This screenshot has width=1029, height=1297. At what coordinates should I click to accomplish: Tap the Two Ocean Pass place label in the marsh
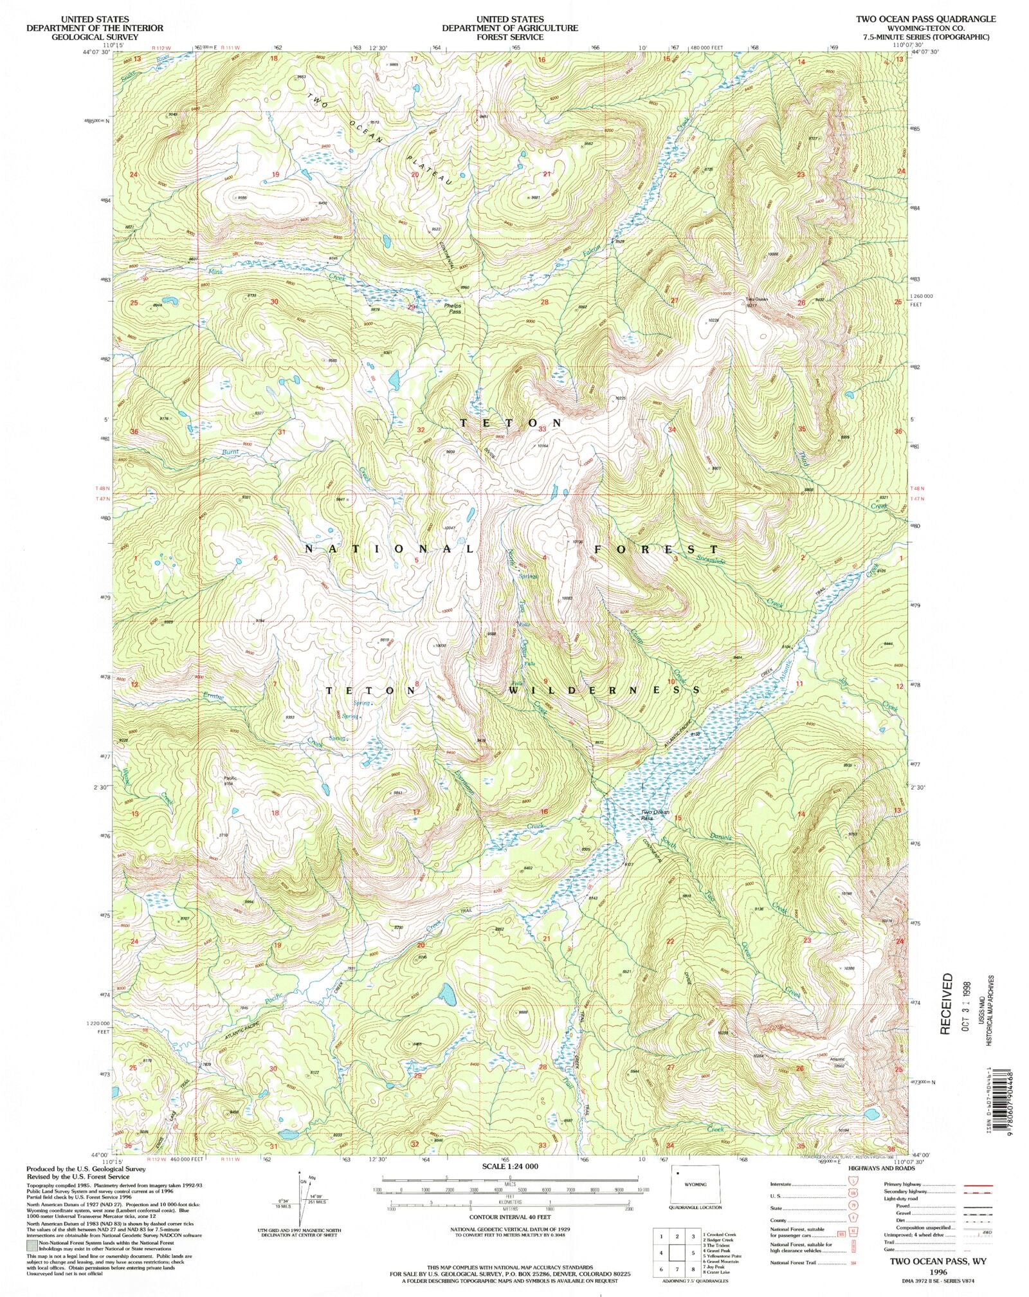coord(655,815)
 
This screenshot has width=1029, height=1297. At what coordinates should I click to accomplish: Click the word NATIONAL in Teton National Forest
coord(389,549)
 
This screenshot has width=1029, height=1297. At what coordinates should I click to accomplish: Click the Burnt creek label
coord(230,452)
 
